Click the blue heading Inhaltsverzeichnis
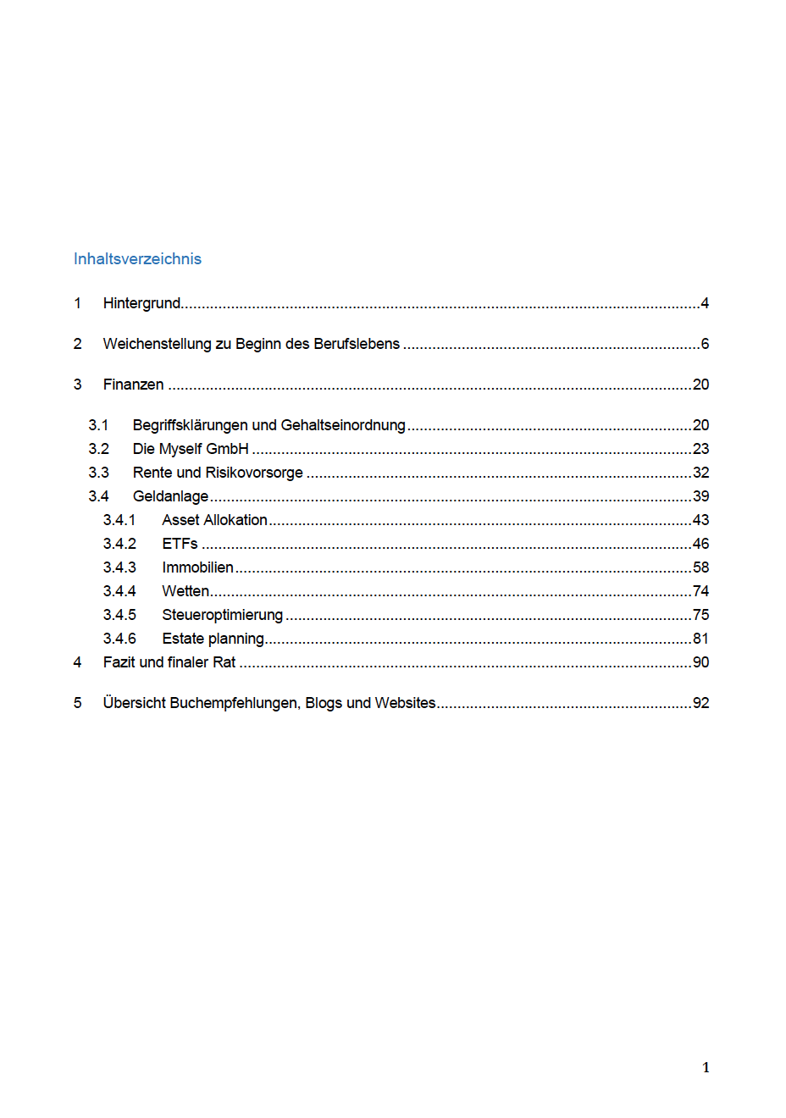137,259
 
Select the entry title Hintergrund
141,303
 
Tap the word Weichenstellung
157,344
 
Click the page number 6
705,344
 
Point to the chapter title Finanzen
133,385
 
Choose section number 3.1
98,425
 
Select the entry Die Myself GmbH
191,449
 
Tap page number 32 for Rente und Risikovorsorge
700,473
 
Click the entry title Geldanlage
170,496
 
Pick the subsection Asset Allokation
214,520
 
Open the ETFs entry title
180,544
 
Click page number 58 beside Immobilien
700,567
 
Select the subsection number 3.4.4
119,591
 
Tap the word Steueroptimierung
222,615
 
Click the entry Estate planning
213,639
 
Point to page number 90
700,662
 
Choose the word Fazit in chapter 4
119,662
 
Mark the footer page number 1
706,1068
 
